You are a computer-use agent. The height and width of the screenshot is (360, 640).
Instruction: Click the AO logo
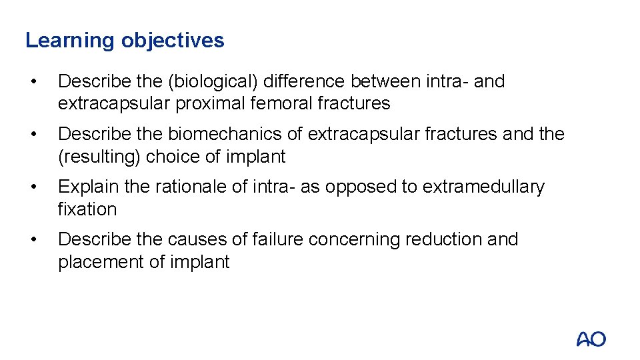coord(591,339)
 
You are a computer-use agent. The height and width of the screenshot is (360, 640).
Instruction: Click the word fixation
coord(87,209)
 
